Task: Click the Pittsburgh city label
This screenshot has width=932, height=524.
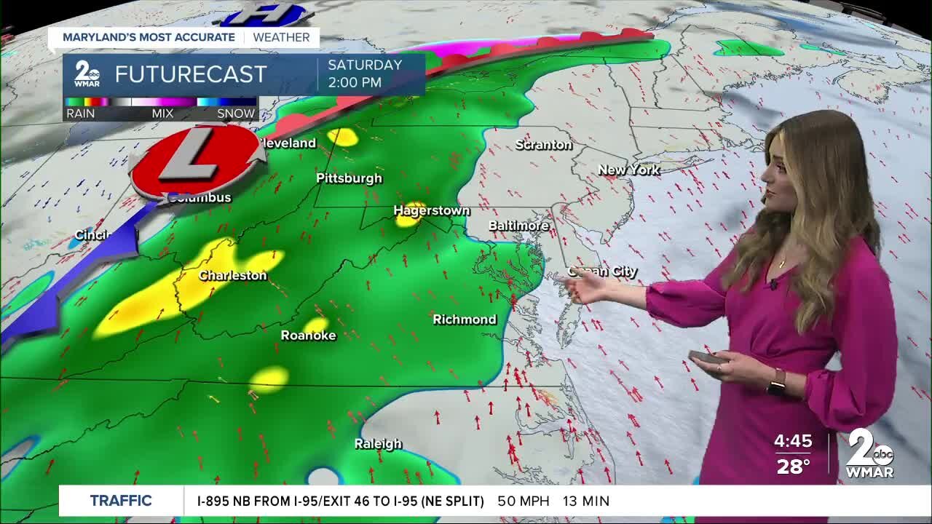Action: (349, 178)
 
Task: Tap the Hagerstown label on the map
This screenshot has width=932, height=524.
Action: (432, 210)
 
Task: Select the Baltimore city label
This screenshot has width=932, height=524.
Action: (518, 226)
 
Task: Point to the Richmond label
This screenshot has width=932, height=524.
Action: (465, 319)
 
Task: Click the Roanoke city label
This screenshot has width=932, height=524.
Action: (309, 336)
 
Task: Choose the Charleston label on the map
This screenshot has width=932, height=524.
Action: (233, 276)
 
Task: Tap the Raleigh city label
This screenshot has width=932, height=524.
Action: (378, 444)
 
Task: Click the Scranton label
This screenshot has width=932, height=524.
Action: (544, 145)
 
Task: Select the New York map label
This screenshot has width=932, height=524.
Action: (629, 170)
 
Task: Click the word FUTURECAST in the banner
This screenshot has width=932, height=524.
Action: (191, 74)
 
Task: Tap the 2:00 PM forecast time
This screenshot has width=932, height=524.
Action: (355, 82)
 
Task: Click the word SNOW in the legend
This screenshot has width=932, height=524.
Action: (236, 114)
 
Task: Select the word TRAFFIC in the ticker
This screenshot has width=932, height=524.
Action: (121, 501)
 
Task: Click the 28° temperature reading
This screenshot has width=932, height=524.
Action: (793, 467)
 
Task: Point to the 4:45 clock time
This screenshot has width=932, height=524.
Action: (793, 442)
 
